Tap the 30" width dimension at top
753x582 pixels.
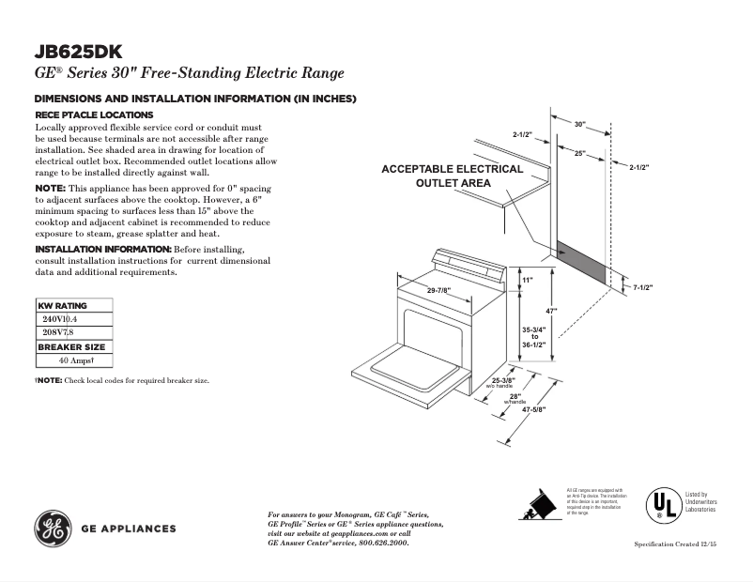point(579,124)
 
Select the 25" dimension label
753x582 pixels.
point(580,152)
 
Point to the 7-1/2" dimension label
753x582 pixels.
point(643,287)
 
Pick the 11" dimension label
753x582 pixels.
point(528,281)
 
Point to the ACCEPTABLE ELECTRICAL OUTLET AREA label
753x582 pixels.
point(452,176)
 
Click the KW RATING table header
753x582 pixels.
point(62,306)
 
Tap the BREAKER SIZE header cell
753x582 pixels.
point(71,347)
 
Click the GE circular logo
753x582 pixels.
point(54,528)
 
